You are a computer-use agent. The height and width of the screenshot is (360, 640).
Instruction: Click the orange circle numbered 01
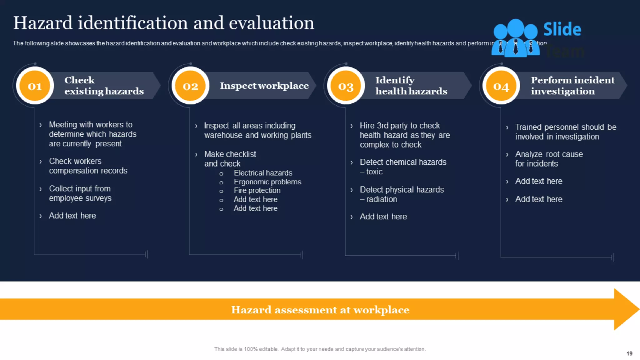click(x=35, y=86)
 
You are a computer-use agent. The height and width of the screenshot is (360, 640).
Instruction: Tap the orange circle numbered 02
click(x=190, y=86)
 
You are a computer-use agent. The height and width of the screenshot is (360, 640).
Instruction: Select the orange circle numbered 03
click(x=346, y=86)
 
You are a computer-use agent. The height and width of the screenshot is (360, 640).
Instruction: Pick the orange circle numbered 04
click(x=501, y=86)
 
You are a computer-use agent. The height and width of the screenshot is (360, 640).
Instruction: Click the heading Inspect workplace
click(x=264, y=86)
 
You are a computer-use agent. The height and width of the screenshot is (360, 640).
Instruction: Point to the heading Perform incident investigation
click(x=572, y=86)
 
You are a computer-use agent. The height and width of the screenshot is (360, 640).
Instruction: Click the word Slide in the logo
click(x=562, y=29)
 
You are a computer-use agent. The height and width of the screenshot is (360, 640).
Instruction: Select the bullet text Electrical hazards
click(x=263, y=173)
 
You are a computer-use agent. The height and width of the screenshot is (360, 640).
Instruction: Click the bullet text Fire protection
click(x=257, y=190)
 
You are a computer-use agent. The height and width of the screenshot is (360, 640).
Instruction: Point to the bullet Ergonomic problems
click(x=267, y=182)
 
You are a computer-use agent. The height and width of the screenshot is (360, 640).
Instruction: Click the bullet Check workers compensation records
click(x=88, y=166)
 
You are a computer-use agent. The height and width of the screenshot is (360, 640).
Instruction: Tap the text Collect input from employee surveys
click(x=80, y=193)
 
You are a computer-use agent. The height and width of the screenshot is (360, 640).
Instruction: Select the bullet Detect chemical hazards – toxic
click(x=403, y=167)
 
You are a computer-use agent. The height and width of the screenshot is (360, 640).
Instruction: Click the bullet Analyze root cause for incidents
click(x=548, y=159)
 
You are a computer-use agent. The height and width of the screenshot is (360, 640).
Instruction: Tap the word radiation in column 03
click(x=382, y=199)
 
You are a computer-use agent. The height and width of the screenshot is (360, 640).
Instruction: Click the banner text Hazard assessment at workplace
click(x=320, y=310)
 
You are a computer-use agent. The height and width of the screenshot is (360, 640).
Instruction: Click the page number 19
click(x=629, y=353)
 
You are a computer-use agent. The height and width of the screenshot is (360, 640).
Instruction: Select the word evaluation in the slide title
click(x=271, y=23)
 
